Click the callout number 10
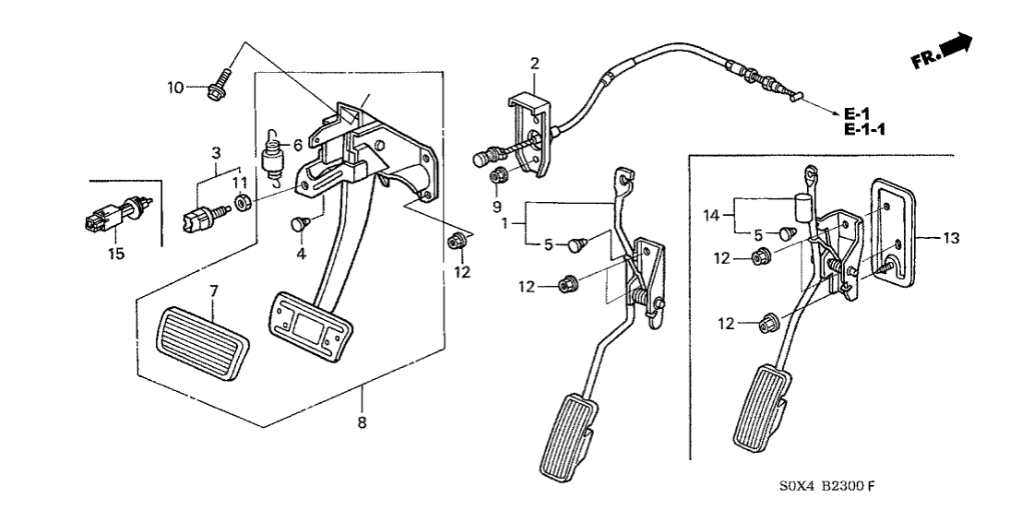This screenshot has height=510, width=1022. point(175,88)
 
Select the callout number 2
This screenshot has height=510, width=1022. point(534,63)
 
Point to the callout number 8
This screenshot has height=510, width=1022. point(362,423)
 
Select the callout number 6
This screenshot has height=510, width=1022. point(297,145)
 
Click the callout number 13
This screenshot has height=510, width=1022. point(952,238)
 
